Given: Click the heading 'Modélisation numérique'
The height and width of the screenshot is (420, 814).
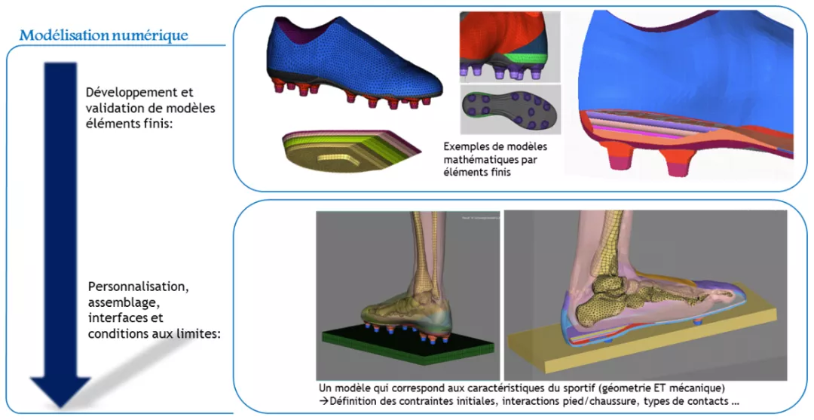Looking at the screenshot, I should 103,35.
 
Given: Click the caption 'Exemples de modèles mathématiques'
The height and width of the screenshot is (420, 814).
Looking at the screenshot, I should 496,152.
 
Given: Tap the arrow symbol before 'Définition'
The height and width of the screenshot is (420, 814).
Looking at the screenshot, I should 323,400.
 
